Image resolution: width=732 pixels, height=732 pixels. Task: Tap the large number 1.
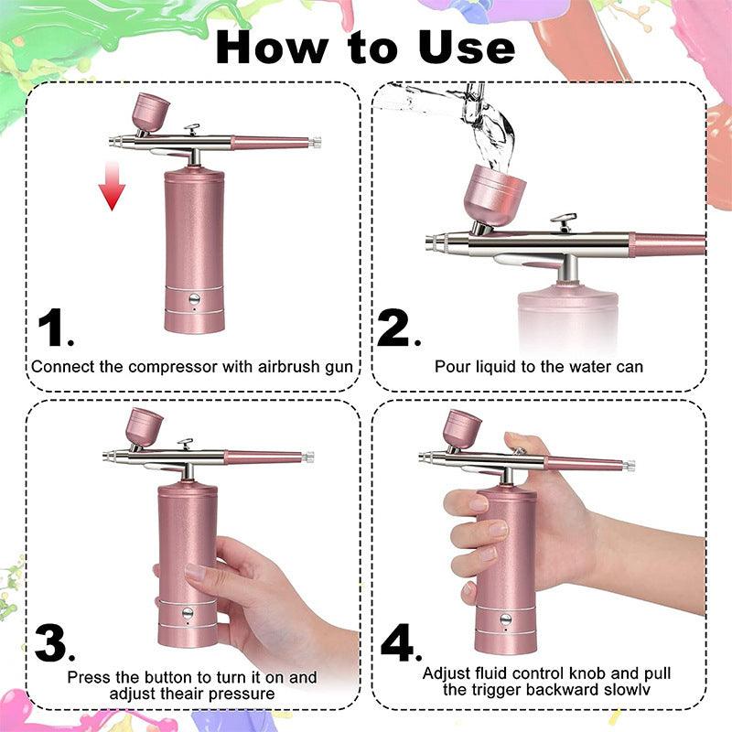pyautogui.click(x=56, y=328)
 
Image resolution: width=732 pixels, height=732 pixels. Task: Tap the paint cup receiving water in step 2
pyautogui.click(x=494, y=194)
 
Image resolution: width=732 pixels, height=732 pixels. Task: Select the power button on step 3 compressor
pyautogui.click(x=188, y=613)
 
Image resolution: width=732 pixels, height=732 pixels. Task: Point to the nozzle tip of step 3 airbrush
pyautogui.click(x=107, y=455)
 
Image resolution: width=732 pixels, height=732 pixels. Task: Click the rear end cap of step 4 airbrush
pyautogui.click(x=630, y=465)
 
